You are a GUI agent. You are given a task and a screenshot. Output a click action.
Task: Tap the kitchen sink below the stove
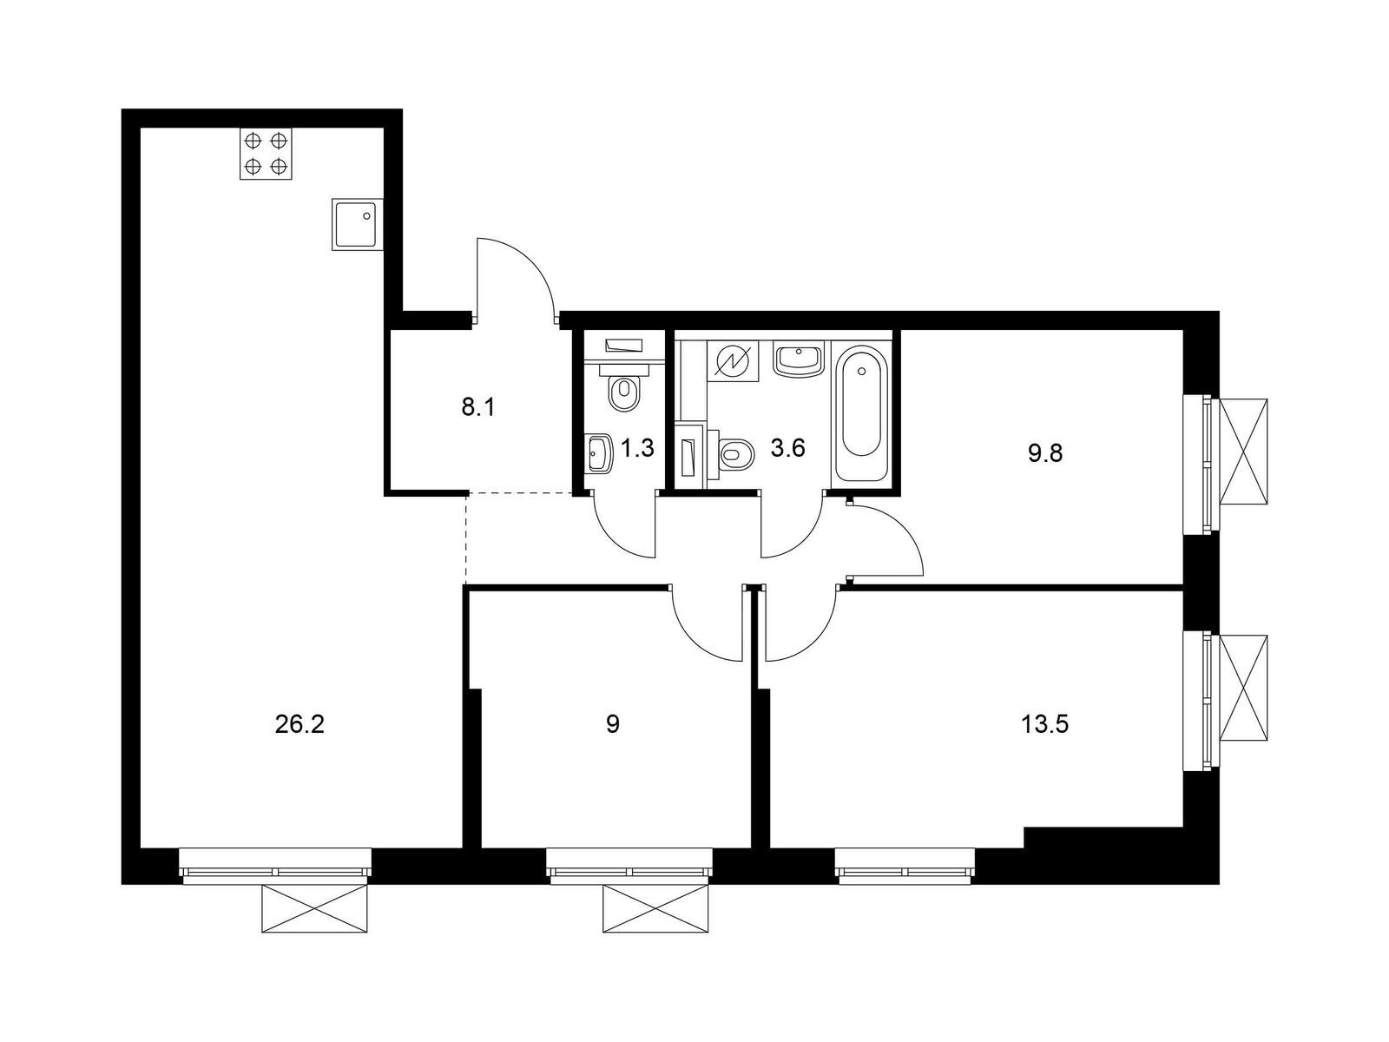click(356, 224)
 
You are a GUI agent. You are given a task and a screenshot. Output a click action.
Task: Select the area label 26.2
click(299, 724)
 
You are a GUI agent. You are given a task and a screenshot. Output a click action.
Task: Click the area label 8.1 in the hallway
click(477, 406)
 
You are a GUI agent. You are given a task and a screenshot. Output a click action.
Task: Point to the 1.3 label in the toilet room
click(637, 448)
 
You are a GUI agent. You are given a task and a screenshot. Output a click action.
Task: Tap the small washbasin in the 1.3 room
click(600, 453)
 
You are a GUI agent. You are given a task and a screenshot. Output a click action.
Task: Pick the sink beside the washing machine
click(797, 359)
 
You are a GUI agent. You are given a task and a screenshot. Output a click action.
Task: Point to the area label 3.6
click(788, 448)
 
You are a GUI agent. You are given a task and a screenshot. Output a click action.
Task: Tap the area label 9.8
click(1045, 453)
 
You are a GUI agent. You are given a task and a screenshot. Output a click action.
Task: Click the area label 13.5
click(1045, 724)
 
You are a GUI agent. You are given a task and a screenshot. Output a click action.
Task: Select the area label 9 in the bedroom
click(613, 724)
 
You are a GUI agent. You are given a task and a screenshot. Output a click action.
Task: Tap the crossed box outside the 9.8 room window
click(1243, 452)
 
